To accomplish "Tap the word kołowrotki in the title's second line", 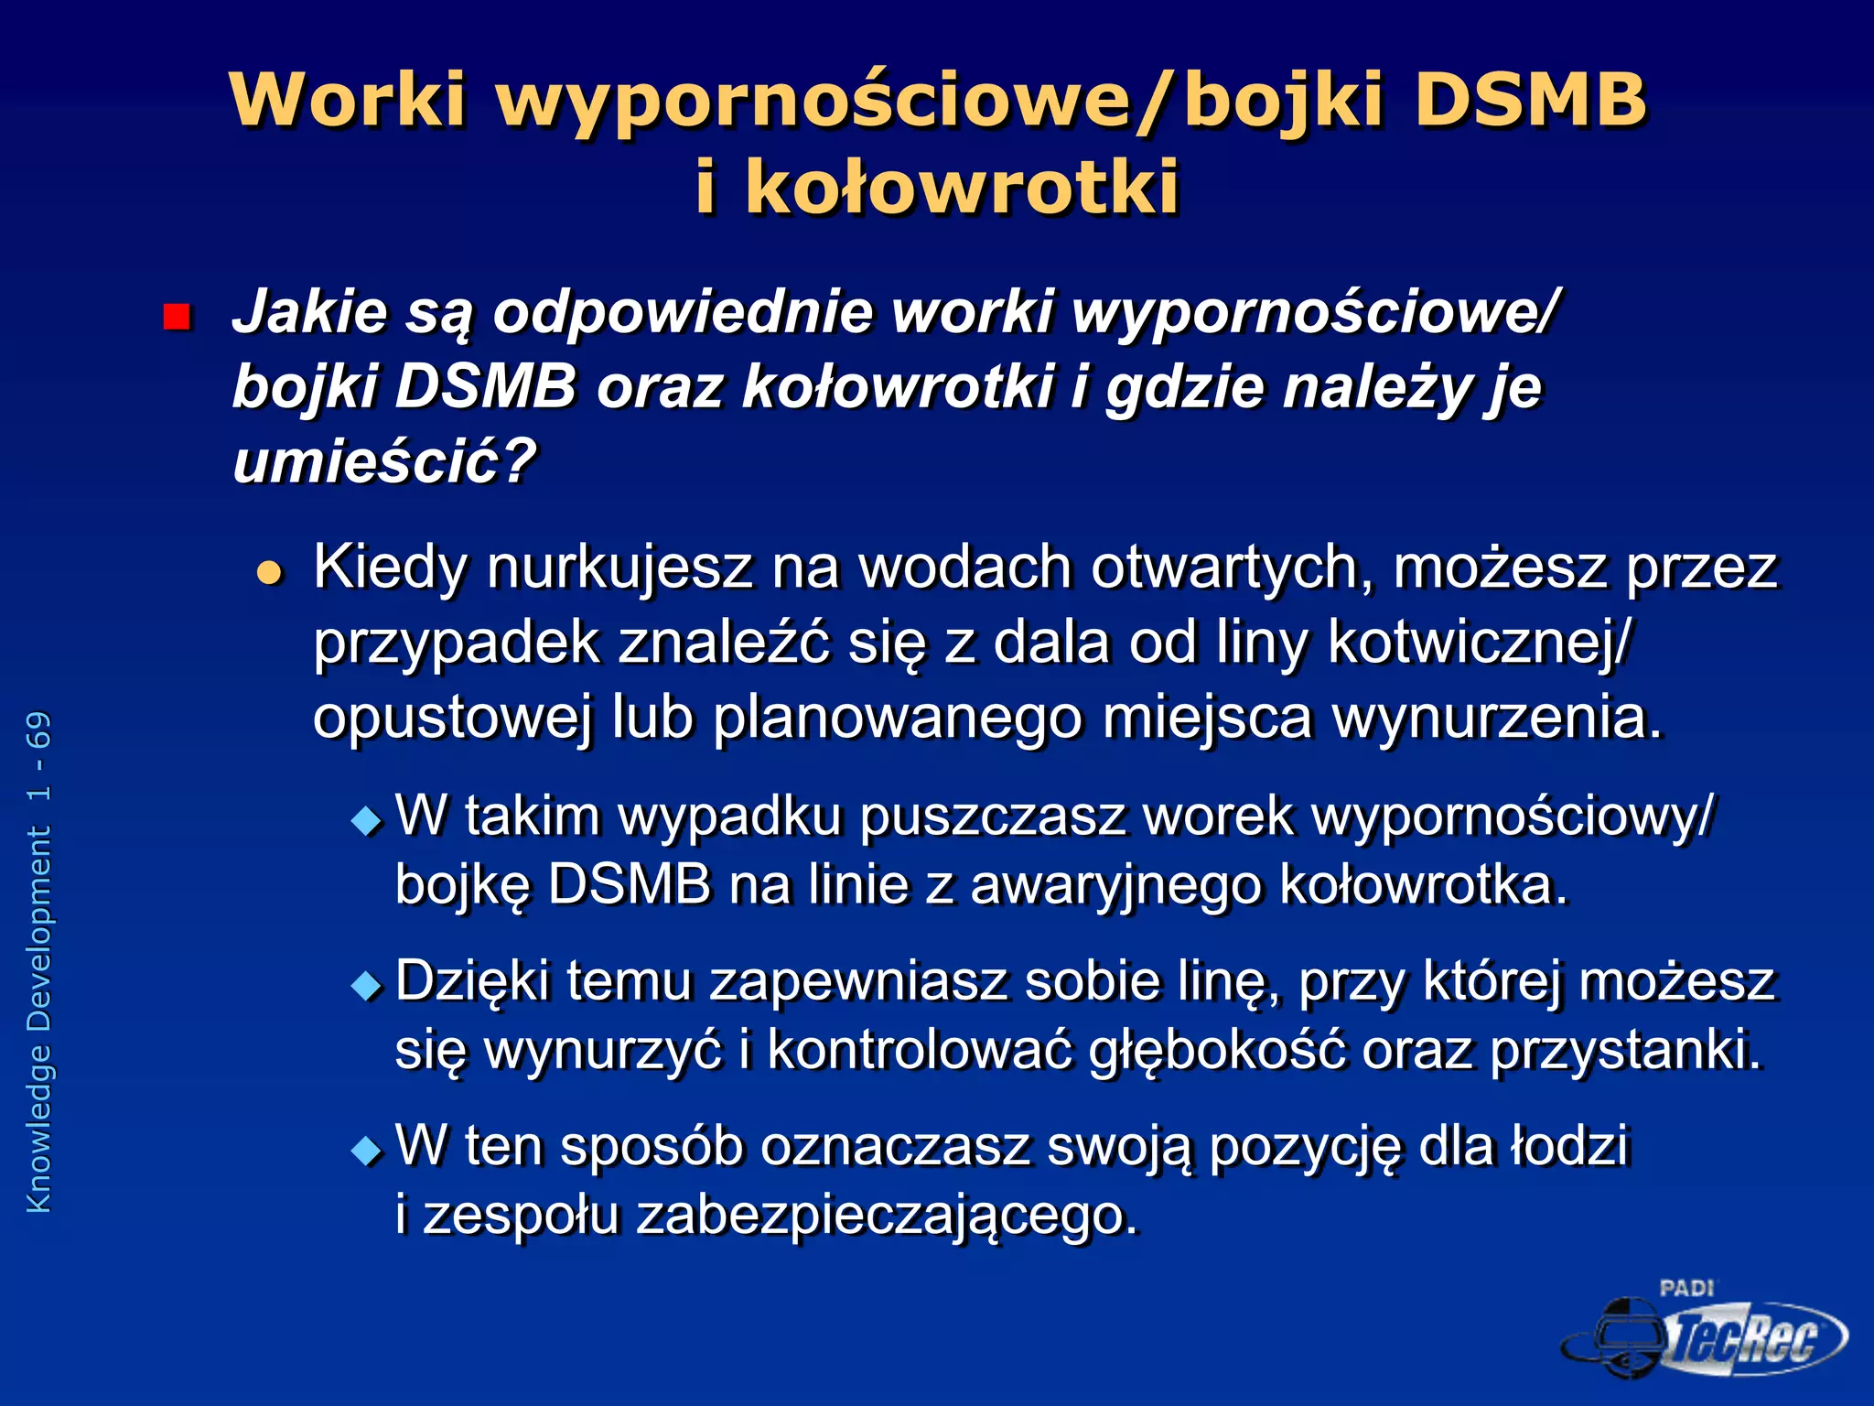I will (962, 187).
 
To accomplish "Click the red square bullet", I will (176, 317).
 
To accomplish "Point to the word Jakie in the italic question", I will (310, 312).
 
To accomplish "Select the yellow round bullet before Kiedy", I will (270, 574).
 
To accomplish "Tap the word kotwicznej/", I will (1478, 643).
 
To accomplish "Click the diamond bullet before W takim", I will (367, 820).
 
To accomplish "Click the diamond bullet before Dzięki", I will (367, 986).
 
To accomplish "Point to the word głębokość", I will (1217, 1050).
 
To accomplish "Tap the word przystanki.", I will (1625, 1050).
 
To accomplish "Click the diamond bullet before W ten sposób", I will (367, 1151).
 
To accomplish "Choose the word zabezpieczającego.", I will (887, 1216).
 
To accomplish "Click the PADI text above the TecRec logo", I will (1686, 1288).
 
